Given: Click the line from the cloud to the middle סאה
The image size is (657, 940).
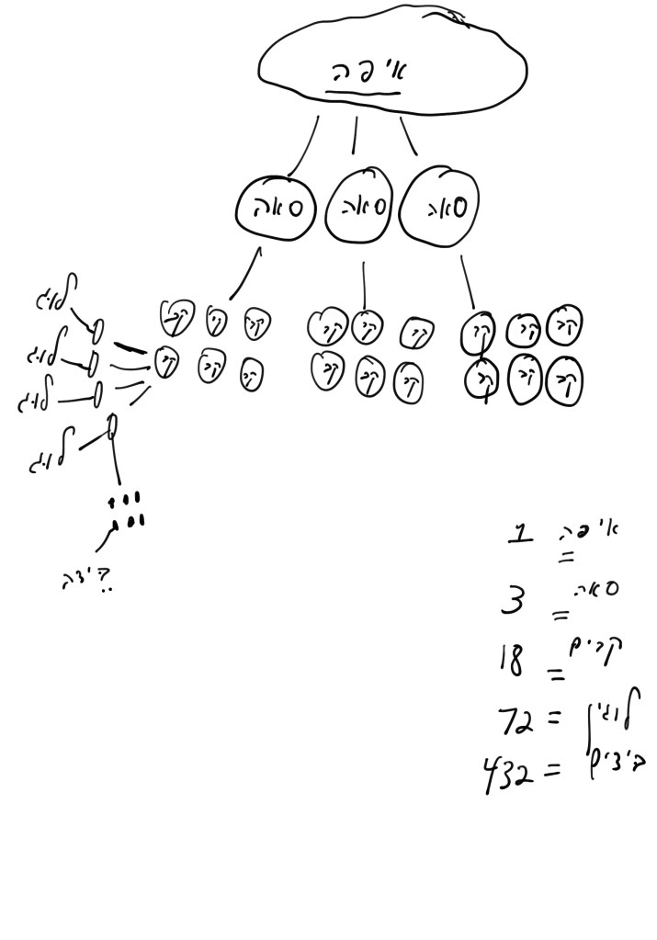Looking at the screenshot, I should coord(355,137).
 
